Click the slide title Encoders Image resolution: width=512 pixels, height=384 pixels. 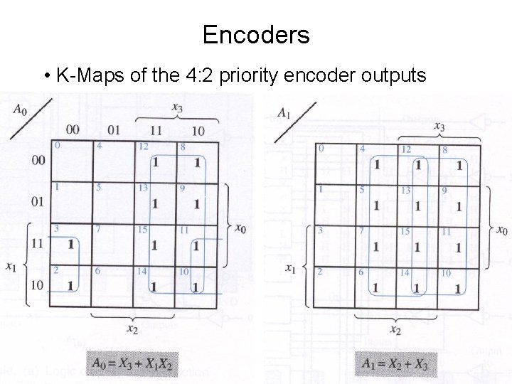(x=255, y=34)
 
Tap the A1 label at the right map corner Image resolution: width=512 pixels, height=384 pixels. (x=284, y=112)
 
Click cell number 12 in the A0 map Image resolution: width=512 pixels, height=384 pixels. (x=154, y=161)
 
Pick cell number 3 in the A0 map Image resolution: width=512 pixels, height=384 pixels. (x=70, y=244)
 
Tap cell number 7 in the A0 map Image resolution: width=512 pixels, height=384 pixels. (x=112, y=244)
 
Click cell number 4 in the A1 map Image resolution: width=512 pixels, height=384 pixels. (x=375, y=164)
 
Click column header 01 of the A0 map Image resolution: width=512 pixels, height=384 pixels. (x=114, y=129)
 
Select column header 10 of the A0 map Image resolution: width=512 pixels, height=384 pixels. (x=198, y=130)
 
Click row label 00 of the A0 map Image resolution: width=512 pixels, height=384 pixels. (x=38, y=160)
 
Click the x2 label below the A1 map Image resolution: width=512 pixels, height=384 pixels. (x=396, y=330)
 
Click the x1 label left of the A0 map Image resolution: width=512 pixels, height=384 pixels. (x=11, y=267)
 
